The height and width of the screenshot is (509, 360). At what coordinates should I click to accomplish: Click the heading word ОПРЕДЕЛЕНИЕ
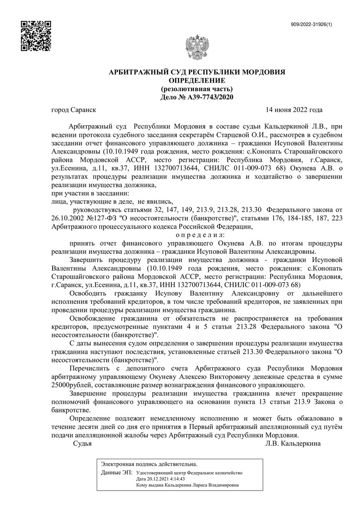tap(197, 81)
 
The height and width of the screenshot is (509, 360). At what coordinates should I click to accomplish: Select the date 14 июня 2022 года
tap(294, 110)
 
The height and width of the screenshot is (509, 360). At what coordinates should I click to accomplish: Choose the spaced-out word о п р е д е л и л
tap(198, 235)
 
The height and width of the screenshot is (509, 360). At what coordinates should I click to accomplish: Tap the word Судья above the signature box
tap(82, 443)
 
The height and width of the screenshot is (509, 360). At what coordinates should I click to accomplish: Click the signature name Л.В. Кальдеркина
tap(293, 443)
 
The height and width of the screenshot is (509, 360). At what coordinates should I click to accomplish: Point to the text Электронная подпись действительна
tap(149, 463)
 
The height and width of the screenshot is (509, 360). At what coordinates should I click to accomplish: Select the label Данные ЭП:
tap(117, 473)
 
